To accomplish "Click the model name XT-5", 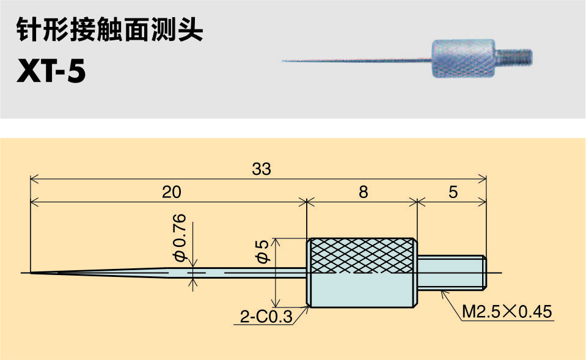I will coord(51,72).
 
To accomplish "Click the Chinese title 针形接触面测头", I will coord(109,31).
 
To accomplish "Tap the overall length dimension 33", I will coord(261,169).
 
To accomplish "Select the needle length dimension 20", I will coord(172,192).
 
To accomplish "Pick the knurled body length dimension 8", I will coord(363,192).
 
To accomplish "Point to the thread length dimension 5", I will coord(453,192).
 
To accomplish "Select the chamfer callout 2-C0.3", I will coord(265,317).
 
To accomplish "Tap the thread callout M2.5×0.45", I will coord(507,312).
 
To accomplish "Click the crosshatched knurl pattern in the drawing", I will coord(362,255).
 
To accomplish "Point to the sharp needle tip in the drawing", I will coord(34,272).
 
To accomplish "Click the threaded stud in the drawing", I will coord(452,273).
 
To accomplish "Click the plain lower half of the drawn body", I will coord(362,290).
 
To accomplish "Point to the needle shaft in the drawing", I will coord(244,272).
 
